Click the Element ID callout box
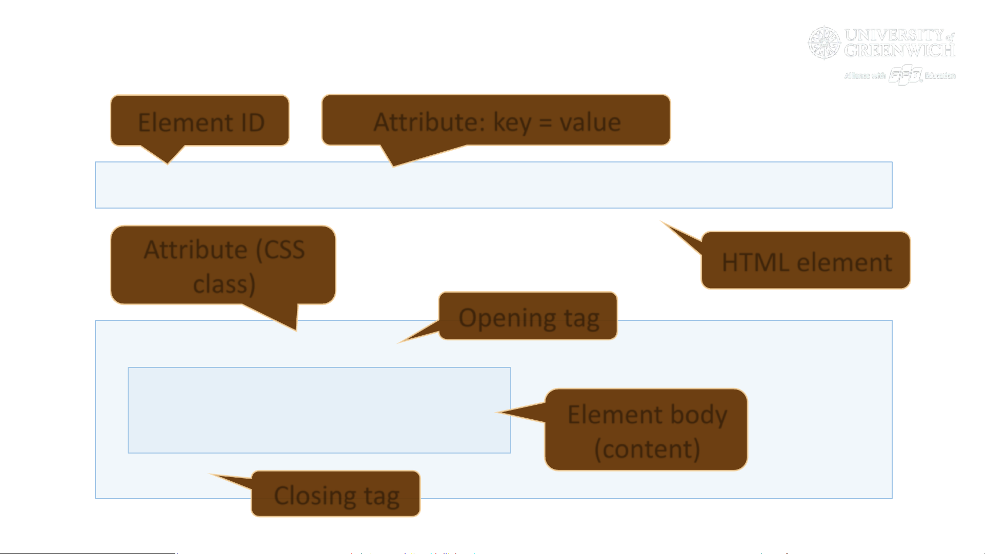click(x=200, y=120)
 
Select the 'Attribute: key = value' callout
click(x=496, y=120)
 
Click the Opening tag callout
click(x=528, y=316)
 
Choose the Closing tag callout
click(x=336, y=494)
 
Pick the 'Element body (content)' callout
click(x=646, y=430)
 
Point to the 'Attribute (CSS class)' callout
click(x=224, y=265)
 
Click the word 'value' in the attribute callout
click(x=590, y=122)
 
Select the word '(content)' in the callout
click(x=647, y=449)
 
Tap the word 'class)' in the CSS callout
click(x=224, y=284)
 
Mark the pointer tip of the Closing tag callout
click(x=212, y=475)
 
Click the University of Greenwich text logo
click(x=899, y=43)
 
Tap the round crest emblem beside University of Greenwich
click(x=825, y=43)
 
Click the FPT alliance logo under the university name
click(x=906, y=75)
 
